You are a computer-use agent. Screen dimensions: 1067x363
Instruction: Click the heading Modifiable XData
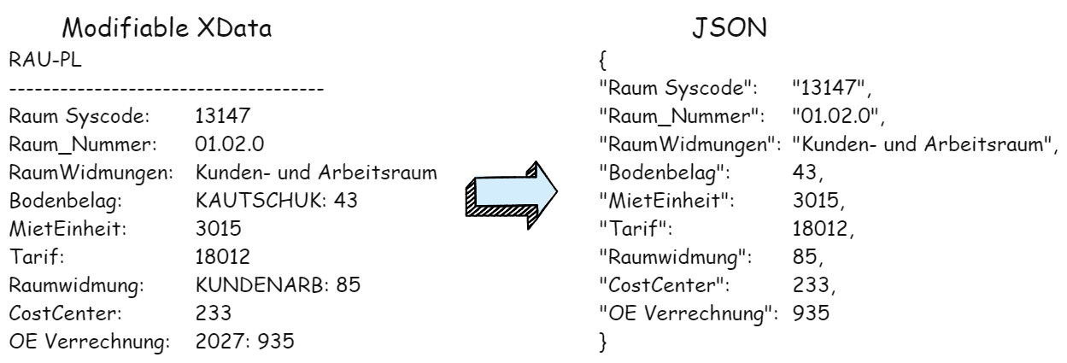tap(167, 27)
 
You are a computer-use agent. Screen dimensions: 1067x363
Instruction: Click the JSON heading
tap(730, 27)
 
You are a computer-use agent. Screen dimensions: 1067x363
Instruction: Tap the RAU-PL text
tap(45, 60)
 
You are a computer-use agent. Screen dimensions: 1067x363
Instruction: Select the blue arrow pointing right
tap(512, 195)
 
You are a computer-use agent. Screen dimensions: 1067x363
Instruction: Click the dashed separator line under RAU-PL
tap(167, 89)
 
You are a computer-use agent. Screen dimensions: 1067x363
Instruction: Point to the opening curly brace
tap(602, 60)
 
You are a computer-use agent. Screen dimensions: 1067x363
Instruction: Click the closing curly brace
tap(602, 342)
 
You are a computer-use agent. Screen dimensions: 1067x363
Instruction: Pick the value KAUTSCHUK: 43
tap(276, 201)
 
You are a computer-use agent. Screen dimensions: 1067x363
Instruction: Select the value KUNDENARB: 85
tap(278, 285)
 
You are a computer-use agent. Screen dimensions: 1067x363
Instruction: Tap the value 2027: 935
tap(245, 341)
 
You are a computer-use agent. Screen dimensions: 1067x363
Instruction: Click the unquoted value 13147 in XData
tap(222, 116)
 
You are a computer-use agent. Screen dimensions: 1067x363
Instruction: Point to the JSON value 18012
tap(820, 229)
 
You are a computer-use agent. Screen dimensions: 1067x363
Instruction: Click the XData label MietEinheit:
tap(68, 229)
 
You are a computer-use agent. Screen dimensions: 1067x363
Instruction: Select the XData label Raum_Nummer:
tap(83, 144)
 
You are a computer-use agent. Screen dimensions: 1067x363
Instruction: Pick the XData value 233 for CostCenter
tap(213, 313)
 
